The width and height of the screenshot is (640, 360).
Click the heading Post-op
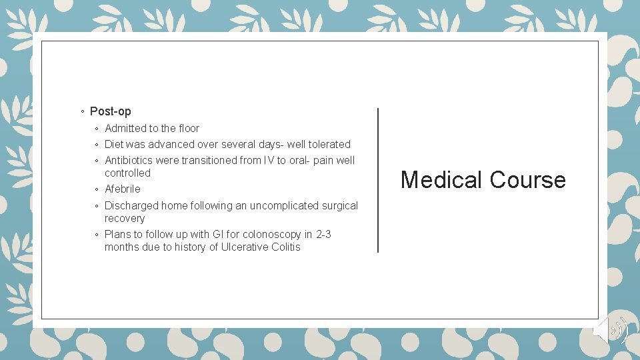coord(110,111)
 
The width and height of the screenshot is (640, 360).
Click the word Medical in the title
coord(441,180)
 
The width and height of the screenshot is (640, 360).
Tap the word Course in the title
coord(527,180)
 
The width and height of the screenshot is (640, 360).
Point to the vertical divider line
coord(378,180)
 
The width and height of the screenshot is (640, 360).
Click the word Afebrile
coord(123,189)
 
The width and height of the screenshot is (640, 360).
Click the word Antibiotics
coord(129,161)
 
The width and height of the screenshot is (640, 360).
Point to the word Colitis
coord(285,247)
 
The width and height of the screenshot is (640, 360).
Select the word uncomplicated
coord(283,206)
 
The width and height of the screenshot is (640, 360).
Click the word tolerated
coord(329,145)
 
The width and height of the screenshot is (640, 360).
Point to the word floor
coord(189,129)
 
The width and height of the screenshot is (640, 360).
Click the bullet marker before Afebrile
coord(97,190)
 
